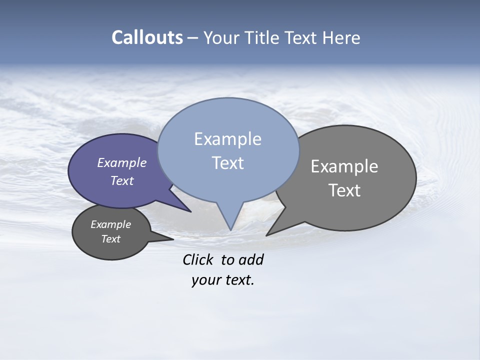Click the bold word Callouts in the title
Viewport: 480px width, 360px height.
pos(147,37)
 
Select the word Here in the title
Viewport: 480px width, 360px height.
pos(341,38)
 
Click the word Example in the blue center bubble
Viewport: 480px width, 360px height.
pos(227,139)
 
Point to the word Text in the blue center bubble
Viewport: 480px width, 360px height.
pos(227,163)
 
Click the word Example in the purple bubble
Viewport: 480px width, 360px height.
pos(122,163)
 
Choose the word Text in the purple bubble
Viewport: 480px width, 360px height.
pos(122,180)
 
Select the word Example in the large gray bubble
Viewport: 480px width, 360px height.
pos(344,166)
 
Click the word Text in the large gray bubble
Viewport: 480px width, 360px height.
pos(344,190)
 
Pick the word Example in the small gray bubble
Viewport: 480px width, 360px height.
pos(110,224)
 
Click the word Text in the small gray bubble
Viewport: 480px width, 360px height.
pos(110,239)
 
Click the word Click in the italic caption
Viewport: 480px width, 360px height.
pos(198,259)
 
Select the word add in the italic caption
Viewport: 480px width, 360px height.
pos(251,259)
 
